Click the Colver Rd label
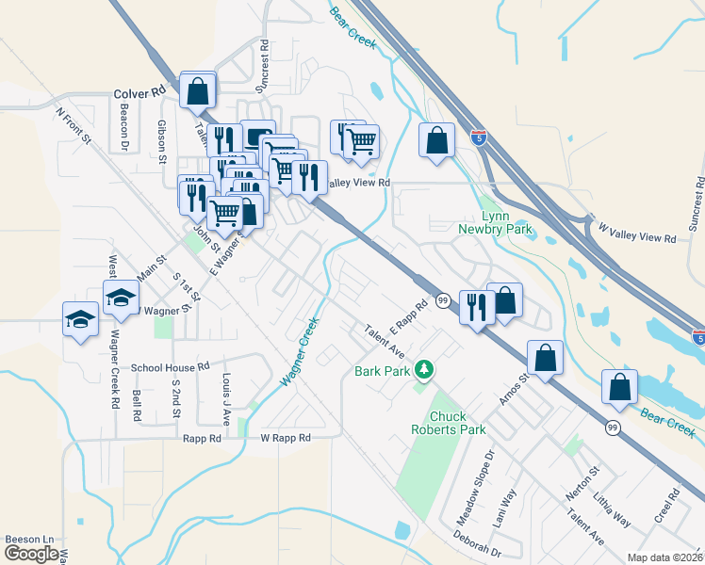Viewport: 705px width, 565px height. click(139, 93)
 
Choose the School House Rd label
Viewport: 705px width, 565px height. click(170, 367)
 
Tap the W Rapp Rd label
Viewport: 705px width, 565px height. click(286, 438)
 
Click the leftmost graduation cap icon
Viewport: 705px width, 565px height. click(81, 319)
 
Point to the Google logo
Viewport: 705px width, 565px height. click(30, 554)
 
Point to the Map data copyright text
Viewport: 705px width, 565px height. click(665, 557)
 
